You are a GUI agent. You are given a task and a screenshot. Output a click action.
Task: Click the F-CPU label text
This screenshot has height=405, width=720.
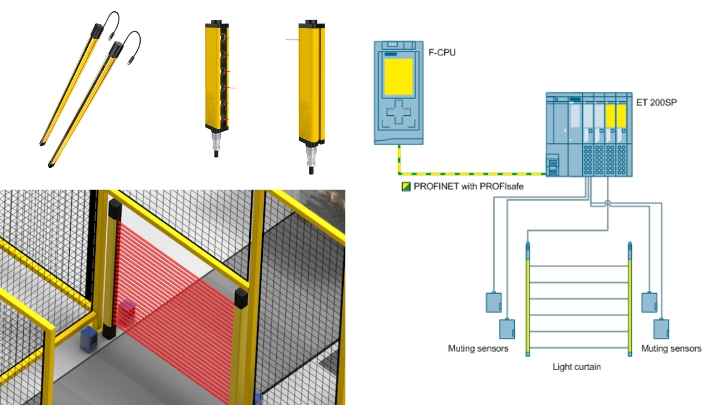tap(442, 52)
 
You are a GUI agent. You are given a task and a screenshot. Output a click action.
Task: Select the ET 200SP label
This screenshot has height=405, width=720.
tap(656, 102)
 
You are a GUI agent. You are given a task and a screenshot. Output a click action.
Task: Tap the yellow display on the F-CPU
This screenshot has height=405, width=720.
tap(399, 77)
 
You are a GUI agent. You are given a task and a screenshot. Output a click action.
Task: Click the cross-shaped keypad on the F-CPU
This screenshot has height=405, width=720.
tap(399, 112)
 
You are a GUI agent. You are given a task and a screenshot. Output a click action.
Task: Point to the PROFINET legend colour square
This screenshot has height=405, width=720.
tap(406, 187)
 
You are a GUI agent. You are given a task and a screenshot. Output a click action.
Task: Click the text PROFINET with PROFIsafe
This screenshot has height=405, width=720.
tap(469, 186)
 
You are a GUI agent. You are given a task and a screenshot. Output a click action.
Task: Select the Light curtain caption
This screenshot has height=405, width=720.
tap(577, 367)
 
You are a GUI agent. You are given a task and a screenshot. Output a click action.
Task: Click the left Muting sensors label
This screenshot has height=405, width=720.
tap(478, 348)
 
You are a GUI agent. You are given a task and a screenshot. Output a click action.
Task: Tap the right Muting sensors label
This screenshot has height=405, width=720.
tap(671, 348)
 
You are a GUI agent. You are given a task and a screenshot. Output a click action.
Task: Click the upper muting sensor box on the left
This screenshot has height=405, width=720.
tap(494, 302)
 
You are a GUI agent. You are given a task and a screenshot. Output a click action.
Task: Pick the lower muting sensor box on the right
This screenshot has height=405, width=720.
tap(661, 329)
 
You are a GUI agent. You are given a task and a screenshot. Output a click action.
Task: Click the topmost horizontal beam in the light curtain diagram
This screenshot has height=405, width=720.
tap(579, 266)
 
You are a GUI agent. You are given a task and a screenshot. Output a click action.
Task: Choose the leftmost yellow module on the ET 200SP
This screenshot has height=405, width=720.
tap(610, 116)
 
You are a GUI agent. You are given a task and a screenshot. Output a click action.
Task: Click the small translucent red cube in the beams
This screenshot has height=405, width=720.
tap(127, 309)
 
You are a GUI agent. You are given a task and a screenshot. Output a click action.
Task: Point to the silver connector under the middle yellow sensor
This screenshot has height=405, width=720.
tap(217, 142)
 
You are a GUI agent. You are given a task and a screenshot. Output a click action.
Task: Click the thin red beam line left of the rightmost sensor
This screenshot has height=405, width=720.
tap(292, 40)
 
